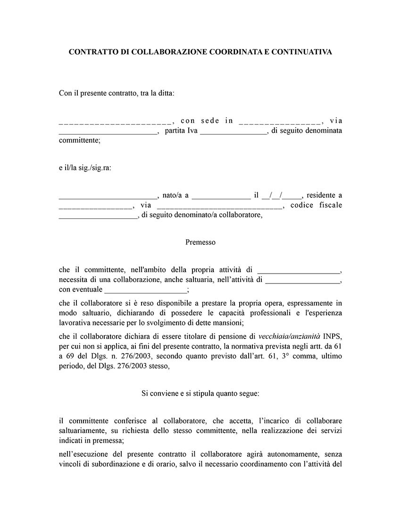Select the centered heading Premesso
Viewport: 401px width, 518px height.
click(200, 242)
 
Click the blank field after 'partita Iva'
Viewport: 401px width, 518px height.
click(234, 131)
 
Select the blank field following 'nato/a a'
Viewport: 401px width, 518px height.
click(221, 195)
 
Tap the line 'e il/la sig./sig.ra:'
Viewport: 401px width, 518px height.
click(85, 168)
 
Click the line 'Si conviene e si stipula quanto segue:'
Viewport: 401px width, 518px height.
click(200, 393)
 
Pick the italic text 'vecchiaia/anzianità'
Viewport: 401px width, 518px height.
click(290, 336)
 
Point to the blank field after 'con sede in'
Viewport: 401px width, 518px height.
click(280, 121)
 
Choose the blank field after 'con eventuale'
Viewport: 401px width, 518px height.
click(146, 290)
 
